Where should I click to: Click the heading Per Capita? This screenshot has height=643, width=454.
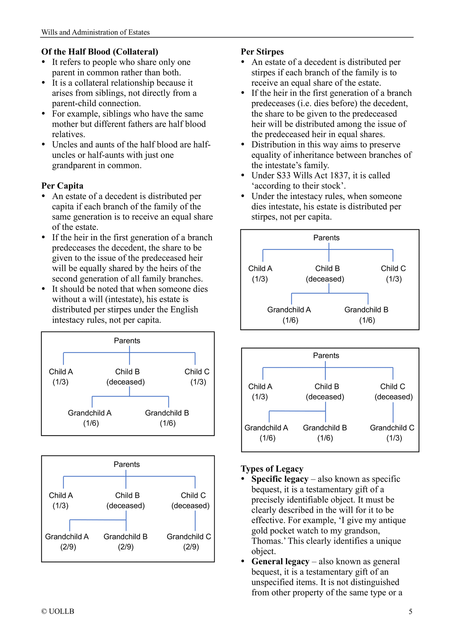(62, 186)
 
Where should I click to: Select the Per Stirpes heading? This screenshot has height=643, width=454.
(262, 52)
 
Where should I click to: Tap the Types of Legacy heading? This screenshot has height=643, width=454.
(272, 469)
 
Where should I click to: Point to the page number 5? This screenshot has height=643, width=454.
(410, 612)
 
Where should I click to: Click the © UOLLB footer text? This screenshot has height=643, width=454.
(58, 612)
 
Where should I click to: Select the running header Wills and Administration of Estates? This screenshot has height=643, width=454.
(96, 32)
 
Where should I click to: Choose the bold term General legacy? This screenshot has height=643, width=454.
(280, 562)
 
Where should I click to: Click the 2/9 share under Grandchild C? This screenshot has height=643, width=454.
(191, 547)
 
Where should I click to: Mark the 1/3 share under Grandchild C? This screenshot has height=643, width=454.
(394, 438)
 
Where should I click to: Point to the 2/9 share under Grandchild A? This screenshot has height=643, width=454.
(68, 547)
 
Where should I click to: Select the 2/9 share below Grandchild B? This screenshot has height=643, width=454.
(126, 547)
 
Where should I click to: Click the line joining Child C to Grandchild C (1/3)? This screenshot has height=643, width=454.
(393, 413)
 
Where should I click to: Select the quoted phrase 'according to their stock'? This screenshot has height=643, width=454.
(298, 186)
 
